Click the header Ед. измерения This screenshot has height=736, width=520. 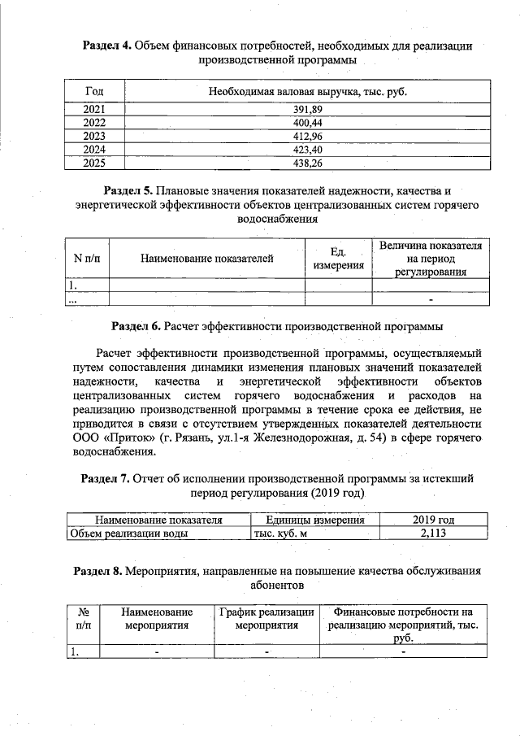point(338,259)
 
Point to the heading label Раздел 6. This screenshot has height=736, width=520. point(136,326)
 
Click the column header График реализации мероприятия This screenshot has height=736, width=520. point(266,618)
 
